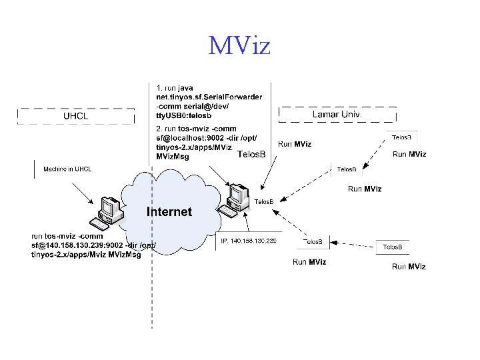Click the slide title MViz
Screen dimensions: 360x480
tap(239, 46)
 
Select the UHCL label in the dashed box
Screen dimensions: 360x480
tap(76, 115)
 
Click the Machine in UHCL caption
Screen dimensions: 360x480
tap(67, 169)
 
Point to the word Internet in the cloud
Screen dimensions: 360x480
tap(169, 212)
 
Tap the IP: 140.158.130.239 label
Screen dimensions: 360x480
tap(248, 241)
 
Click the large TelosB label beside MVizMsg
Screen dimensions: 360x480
tap(251, 155)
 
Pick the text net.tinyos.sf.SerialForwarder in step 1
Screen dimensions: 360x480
tap(209, 97)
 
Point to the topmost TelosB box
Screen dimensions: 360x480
tap(401, 137)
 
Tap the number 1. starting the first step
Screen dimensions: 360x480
tap(159, 87)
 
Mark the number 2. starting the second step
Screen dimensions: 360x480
tap(159, 129)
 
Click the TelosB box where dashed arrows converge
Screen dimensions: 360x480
tap(263, 201)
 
